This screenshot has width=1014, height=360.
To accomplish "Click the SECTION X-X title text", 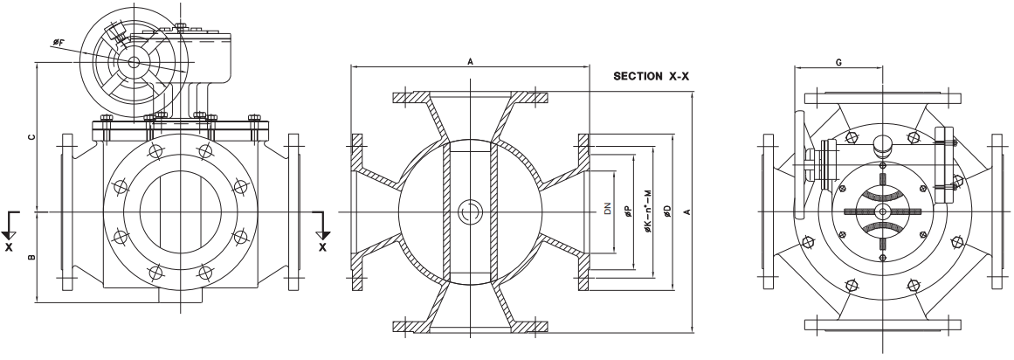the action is pyautogui.click(x=652, y=76).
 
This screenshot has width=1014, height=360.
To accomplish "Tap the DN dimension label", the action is pyautogui.click(x=607, y=209).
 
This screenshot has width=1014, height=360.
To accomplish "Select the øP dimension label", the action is pyautogui.click(x=627, y=211).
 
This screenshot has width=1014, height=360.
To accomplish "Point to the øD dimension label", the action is pyautogui.click(x=667, y=211).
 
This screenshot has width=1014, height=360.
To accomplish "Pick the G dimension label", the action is pyautogui.click(x=838, y=63).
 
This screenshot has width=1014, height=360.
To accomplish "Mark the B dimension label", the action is pyautogui.click(x=31, y=257).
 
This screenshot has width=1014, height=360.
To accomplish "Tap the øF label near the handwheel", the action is pyautogui.click(x=59, y=43).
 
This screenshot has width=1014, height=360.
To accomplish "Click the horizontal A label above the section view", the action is pyautogui.click(x=471, y=61).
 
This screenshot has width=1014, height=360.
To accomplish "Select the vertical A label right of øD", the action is pyautogui.click(x=687, y=211).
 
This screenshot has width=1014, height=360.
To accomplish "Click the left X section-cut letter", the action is pyautogui.click(x=9, y=246).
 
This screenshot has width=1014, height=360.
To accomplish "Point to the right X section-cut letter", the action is pyautogui.click(x=322, y=246).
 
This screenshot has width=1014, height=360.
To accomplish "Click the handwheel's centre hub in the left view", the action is pyautogui.click(x=134, y=62).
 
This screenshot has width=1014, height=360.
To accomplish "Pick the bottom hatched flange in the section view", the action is pyautogui.click(x=471, y=326).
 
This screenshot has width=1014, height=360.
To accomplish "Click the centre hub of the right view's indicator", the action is pyautogui.click(x=883, y=211).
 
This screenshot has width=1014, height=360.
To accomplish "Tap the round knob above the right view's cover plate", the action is pyautogui.click(x=884, y=146).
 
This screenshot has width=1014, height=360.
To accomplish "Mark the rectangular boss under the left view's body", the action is pyautogui.click(x=181, y=295).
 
